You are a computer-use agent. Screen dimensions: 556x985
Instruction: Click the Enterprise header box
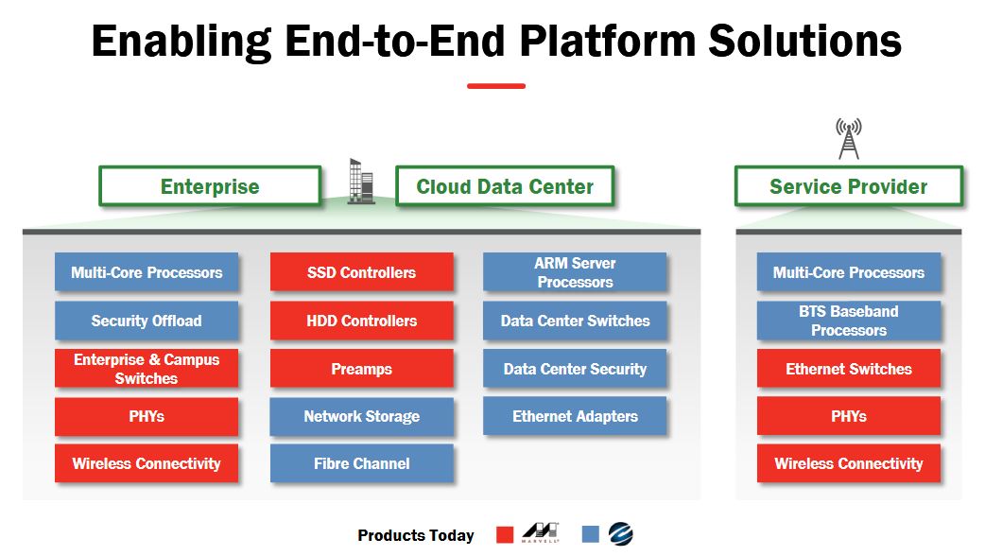point(210,186)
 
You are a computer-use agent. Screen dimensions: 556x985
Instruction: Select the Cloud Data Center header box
point(505,186)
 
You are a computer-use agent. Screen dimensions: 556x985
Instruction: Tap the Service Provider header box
point(848,186)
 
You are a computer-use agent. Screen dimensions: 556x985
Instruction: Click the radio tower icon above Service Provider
point(848,138)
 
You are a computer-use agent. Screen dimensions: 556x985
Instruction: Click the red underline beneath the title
point(495,86)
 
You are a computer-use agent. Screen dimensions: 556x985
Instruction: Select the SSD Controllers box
point(361,272)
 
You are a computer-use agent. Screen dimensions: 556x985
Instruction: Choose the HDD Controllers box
point(361,321)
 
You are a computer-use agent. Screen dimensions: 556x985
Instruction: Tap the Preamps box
point(361,369)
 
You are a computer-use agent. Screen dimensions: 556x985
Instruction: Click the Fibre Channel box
point(361,463)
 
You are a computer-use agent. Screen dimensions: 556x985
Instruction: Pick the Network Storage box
point(361,416)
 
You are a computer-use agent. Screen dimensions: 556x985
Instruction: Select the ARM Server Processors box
point(575,272)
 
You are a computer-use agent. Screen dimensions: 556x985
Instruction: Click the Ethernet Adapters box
point(575,416)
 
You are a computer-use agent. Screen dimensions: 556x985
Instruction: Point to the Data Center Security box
point(575,369)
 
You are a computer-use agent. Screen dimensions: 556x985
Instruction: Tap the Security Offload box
point(147,321)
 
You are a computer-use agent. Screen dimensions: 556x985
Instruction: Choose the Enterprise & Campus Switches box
point(147,369)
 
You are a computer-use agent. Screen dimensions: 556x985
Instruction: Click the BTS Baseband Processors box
point(848,321)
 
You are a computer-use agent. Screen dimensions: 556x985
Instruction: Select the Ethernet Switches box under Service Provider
point(848,369)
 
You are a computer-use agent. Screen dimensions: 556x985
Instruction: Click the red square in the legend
point(505,535)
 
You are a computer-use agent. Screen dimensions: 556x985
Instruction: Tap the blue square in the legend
point(591,535)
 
